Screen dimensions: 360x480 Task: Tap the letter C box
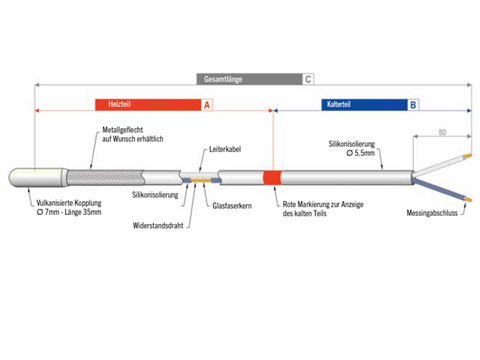(x=309, y=79)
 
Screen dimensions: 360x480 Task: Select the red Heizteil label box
(x=147, y=105)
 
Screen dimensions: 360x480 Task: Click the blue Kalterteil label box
(x=363, y=105)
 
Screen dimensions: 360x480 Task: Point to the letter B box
(x=413, y=105)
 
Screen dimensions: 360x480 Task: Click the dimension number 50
(x=442, y=132)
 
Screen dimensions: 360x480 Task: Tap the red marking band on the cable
(x=273, y=178)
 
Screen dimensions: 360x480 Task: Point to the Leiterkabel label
(x=225, y=149)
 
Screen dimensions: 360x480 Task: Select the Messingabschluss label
(x=431, y=213)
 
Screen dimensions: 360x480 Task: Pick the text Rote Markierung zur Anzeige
(x=323, y=205)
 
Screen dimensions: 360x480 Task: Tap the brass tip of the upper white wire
(x=468, y=156)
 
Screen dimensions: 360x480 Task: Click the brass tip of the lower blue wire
(x=468, y=201)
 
